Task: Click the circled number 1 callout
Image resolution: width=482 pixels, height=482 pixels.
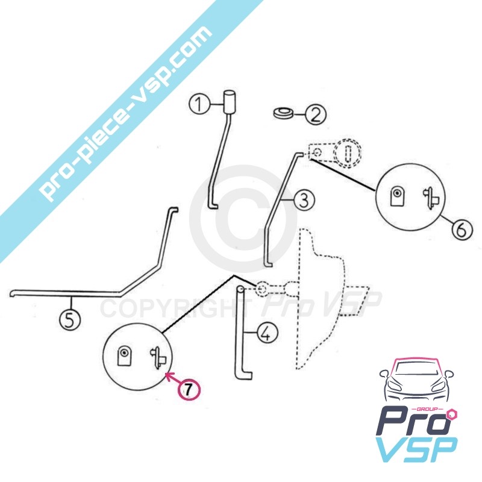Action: click(x=199, y=104)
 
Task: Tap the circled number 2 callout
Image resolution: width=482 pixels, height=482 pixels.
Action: click(x=315, y=114)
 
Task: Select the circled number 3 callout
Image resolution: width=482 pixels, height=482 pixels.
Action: click(x=304, y=200)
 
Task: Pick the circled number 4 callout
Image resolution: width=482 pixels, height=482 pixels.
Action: click(x=267, y=333)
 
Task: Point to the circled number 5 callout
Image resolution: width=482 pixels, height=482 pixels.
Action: click(x=70, y=320)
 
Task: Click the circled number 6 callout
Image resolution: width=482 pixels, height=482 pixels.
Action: click(x=462, y=229)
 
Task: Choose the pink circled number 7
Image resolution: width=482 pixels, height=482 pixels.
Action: click(x=189, y=390)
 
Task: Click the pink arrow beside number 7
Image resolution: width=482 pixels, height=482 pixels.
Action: click(x=173, y=377)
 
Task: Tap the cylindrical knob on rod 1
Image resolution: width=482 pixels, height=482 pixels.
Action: click(x=229, y=102)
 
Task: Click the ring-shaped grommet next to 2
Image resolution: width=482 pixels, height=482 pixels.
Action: click(x=283, y=113)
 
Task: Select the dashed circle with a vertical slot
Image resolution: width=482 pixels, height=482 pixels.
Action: click(x=348, y=154)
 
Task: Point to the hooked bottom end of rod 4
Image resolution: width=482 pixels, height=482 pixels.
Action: click(x=245, y=375)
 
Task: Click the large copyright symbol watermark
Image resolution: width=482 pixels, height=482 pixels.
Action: click(x=243, y=219)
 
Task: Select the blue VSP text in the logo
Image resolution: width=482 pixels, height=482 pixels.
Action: click(x=416, y=449)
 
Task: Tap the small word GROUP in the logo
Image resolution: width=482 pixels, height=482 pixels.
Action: click(x=430, y=409)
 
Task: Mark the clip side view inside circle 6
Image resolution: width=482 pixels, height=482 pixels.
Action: click(x=431, y=198)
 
